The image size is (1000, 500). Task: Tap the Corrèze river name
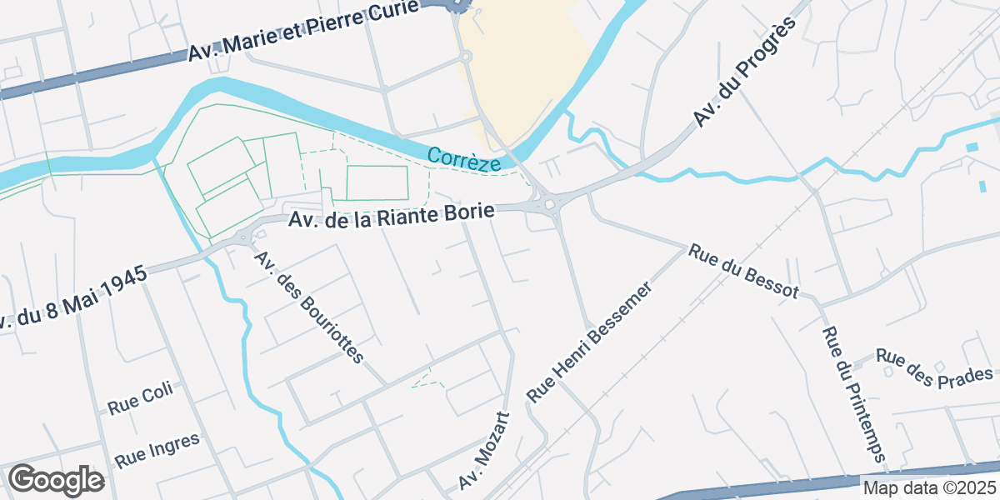[x=464, y=158]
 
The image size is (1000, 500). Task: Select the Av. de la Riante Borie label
[x=392, y=217]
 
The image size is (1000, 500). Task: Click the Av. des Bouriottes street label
[x=310, y=307]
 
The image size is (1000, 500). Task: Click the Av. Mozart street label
[x=483, y=450]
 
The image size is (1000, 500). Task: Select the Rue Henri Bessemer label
[x=589, y=342]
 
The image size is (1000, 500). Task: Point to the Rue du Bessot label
[x=743, y=271]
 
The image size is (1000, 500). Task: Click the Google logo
[x=56, y=481]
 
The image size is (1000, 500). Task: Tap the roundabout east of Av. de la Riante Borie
[x=548, y=202]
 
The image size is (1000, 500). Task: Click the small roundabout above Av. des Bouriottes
[x=243, y=237]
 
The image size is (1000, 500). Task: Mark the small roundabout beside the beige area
[x=466, y=57]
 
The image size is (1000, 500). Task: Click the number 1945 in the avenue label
[x=122, y=281]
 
